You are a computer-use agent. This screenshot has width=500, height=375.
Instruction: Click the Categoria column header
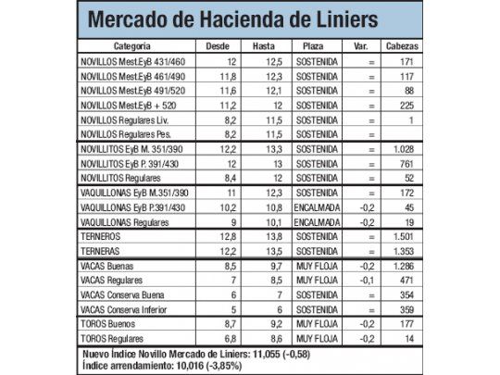point(136,45)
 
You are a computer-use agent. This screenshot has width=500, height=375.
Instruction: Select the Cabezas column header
point(400,45)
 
